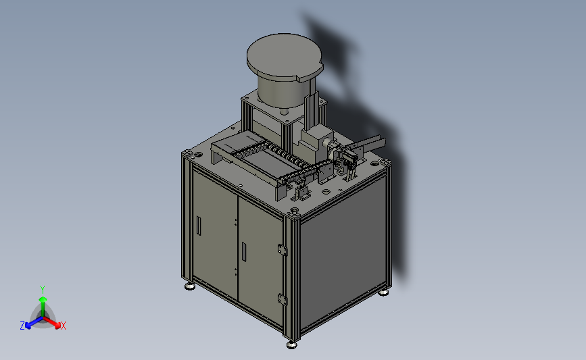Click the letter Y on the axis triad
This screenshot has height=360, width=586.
tap(42, 290)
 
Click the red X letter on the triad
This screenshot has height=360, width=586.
tap(63, 326)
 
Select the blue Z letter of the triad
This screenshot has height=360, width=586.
tap(22, 326)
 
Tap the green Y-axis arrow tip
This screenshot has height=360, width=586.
tap(43, 299)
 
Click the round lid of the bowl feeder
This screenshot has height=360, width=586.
tap(285, 56)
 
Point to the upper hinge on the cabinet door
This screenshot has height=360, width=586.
tap(283, 249)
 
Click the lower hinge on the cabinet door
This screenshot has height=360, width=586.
tap(283, 299)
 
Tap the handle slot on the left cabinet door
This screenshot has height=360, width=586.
tap(199, 226)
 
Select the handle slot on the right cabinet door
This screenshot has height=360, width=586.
tap(244, 252)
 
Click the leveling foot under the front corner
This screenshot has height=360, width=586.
tap(291, 344)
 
